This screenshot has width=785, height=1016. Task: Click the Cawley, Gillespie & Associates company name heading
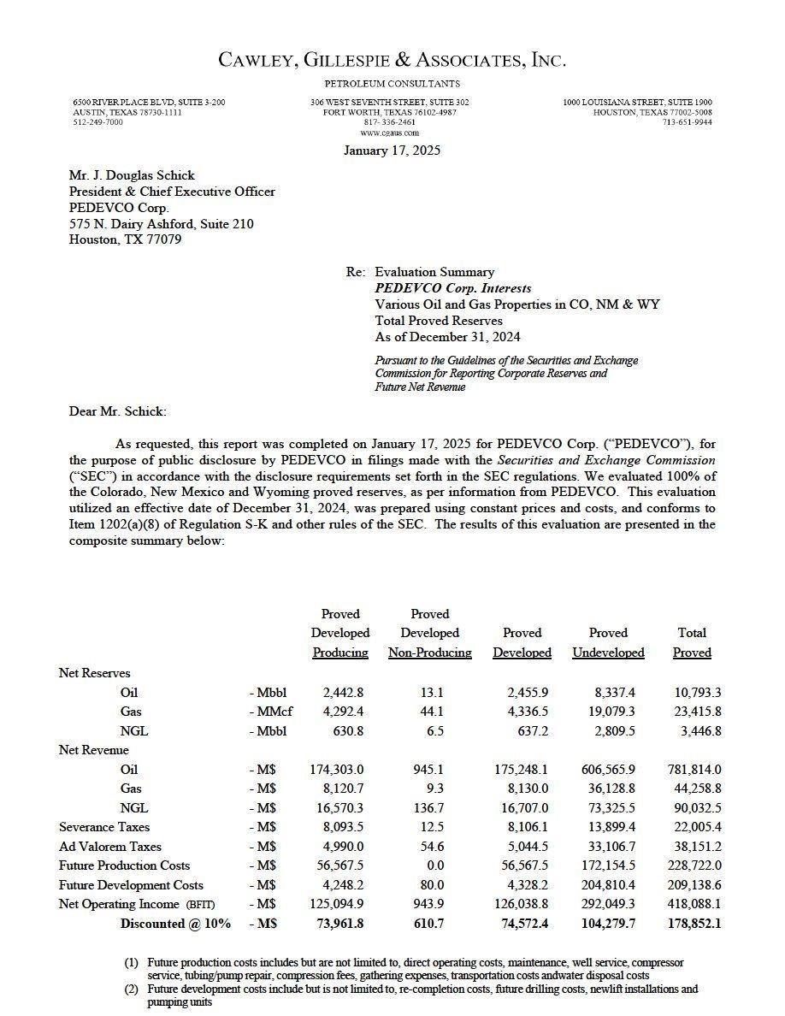[392, 60]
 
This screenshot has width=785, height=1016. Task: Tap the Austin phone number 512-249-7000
[97, 122]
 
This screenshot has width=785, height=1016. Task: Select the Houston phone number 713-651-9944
[687, 122]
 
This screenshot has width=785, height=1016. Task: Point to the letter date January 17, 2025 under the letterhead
[392, 151]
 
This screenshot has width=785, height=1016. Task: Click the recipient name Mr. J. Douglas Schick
[132, 175]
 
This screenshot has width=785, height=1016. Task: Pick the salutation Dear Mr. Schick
[117, 411]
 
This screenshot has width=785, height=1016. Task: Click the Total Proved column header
[692, 642]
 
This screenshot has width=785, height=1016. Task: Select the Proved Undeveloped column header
[608, 642]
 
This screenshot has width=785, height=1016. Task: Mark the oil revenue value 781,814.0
[694, 770]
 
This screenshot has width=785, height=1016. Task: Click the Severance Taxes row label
[104, 827]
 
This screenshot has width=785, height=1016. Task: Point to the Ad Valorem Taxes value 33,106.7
[609, 847]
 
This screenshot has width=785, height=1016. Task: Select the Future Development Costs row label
[132, 885]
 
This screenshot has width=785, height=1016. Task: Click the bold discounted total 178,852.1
[694, 924]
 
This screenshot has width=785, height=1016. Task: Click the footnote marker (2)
[132, 989]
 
